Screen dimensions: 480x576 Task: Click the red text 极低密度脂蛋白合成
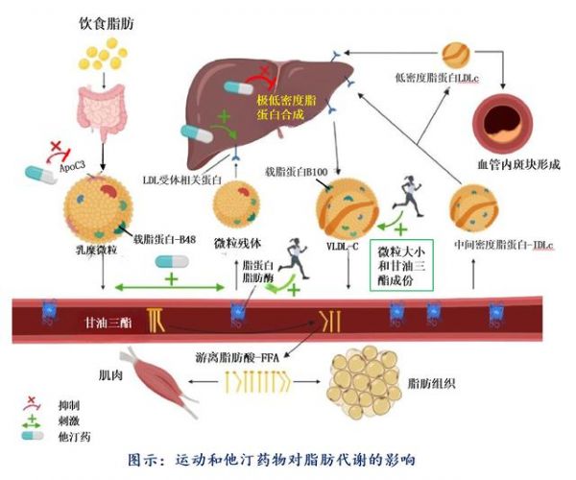292,108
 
